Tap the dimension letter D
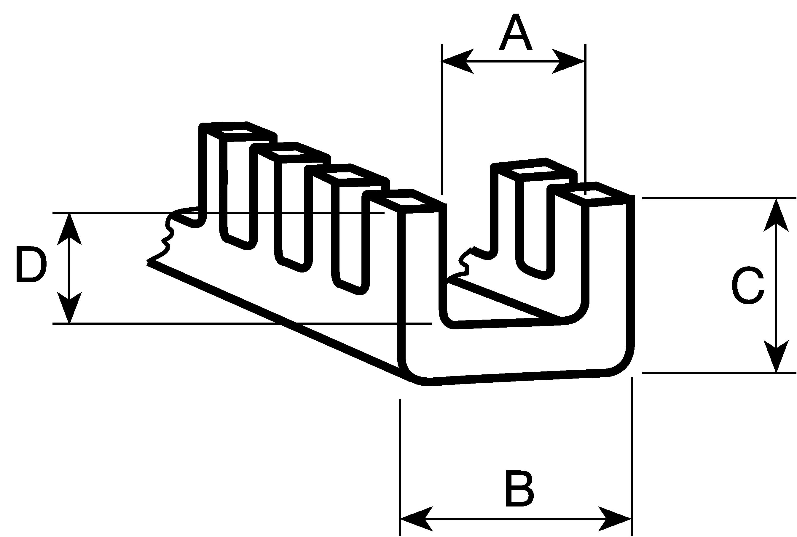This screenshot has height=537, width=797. pos(31,264)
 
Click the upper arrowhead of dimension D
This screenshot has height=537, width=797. pos(69,230)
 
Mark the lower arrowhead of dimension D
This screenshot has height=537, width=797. pos(69,307)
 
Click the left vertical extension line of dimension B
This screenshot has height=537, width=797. pos(400,467)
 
